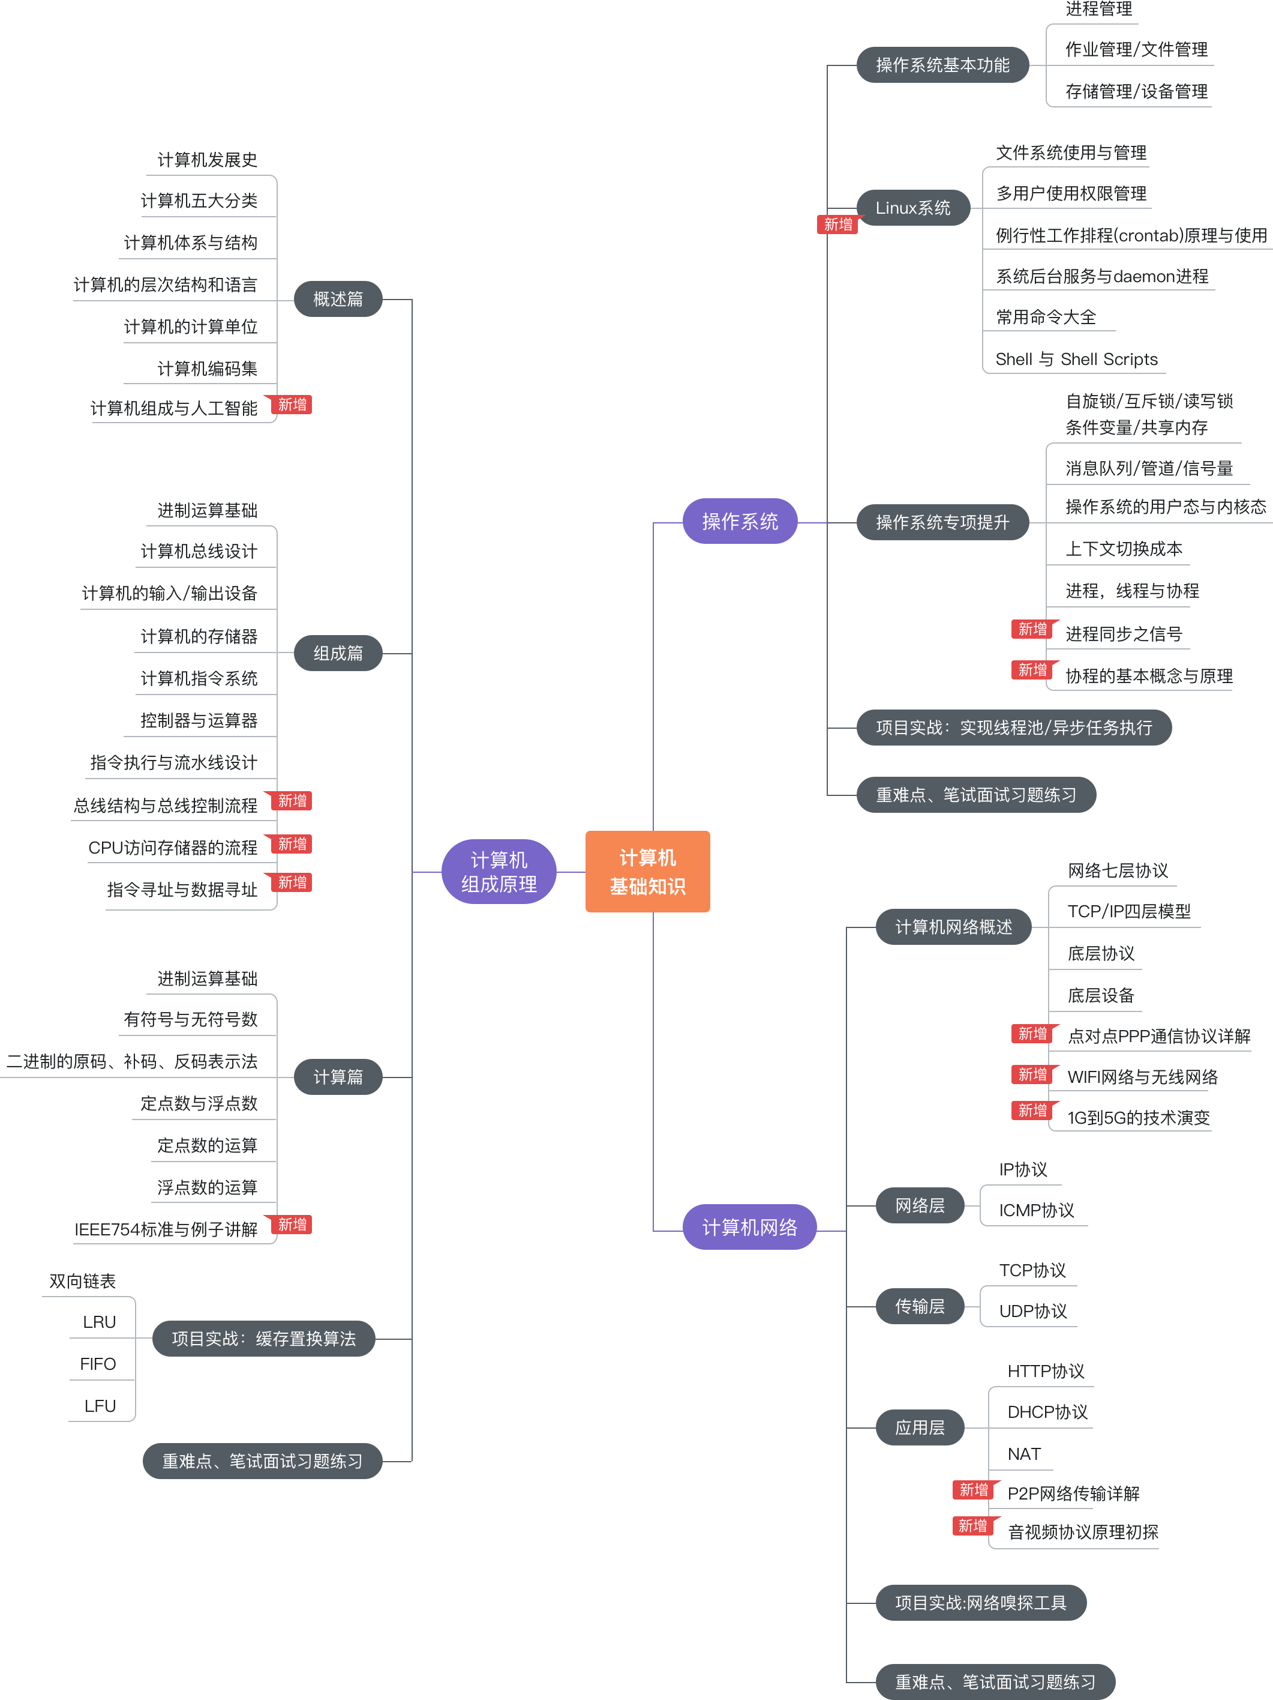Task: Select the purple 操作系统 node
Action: [739, 521]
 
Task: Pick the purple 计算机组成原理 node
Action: [499, 872]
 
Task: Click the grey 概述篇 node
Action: [338, 299]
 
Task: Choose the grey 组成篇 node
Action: [338, 653]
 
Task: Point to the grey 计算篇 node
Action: [338, 1077]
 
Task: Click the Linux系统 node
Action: [912, 208]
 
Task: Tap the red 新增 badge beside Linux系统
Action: [837, 225]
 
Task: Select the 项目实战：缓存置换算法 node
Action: [263, 1339]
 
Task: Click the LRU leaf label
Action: [99, 1322]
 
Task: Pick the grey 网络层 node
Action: [920, 1206]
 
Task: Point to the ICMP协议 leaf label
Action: [1037, 1210]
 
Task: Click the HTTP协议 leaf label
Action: [1046, 1371]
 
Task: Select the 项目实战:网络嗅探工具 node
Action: [980, 1603]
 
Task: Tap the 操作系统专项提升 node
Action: [942, 523]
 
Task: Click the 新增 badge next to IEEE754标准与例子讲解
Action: [292, 1225]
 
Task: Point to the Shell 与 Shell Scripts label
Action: [1076, 359]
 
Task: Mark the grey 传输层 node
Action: [920, 1306]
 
